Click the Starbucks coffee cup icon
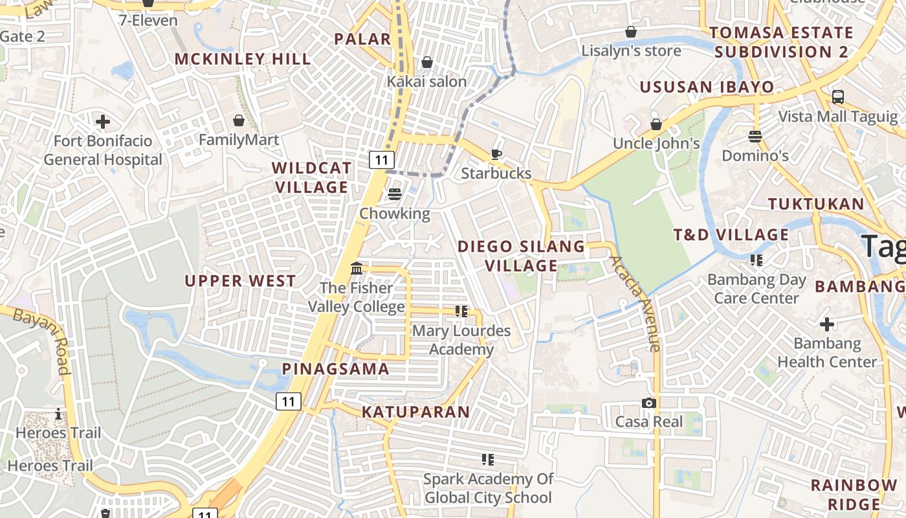(496, 154)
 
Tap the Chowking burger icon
(395, 194)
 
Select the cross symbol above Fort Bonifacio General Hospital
(102, 121)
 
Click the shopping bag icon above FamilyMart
(239, 120)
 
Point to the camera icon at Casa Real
(648, 403)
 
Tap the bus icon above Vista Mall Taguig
(838, 97)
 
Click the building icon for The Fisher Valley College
(357, 268)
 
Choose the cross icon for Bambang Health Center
(826, 324)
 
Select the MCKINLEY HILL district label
(243, 59)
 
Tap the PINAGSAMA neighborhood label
(335, 369)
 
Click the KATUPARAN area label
(415, 412)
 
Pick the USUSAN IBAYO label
(707, 87)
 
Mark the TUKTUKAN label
(816, 204)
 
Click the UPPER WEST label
(240, 281)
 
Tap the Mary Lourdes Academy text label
(461, 340)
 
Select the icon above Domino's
(755, 137)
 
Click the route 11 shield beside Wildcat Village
(382, 159)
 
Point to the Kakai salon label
(426, 82)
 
